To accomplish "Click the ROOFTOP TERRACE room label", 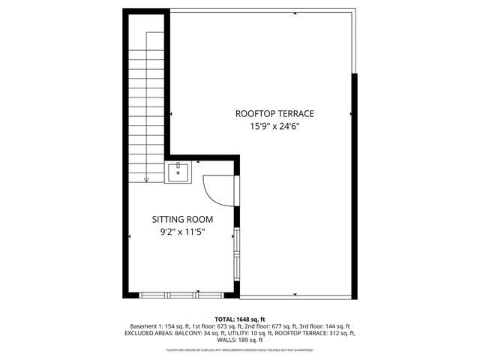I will (274, 114).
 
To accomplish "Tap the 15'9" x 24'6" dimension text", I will (274, 127).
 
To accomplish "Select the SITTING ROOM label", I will (182, 220).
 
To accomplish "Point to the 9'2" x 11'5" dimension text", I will (182, 232).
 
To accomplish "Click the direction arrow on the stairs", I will (146, 178).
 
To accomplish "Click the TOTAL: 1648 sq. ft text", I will (240, 319).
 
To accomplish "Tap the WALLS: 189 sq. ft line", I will (240, 340).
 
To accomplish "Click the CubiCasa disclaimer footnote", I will (240, 349).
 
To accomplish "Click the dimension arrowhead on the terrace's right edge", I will (351, 114).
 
